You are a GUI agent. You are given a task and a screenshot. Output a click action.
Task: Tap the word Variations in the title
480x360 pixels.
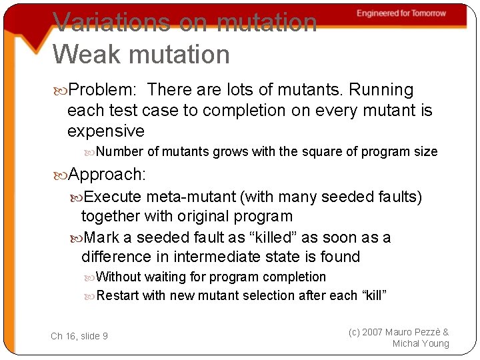click(111, 22)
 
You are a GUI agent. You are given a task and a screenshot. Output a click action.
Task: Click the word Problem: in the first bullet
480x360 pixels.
click(103, 90)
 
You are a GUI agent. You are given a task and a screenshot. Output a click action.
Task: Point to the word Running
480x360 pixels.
click(382, 90)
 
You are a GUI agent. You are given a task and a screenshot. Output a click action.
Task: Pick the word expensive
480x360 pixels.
click(106, 131)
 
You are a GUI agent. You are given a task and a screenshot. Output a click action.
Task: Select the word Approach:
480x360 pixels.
click(107, 175)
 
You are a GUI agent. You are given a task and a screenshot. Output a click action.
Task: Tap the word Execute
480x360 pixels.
click(113, 197)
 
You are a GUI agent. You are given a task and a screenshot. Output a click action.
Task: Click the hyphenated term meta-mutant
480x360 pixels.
click(191, 197)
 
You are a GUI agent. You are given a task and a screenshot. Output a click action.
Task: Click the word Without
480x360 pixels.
click(118, 277)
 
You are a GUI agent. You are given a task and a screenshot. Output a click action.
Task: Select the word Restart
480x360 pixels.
click(117, 295)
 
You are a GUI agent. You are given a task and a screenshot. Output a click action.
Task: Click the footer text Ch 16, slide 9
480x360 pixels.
click(79, 336)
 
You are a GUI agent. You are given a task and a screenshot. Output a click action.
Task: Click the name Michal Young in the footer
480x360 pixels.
click(421, 343)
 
